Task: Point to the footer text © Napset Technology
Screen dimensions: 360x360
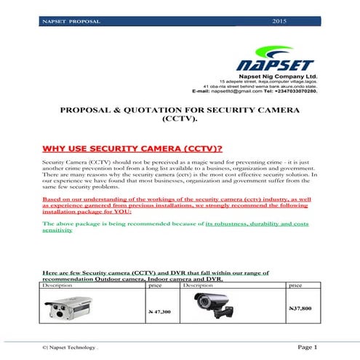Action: (70, 348)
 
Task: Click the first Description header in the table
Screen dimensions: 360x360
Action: (57, 286)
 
